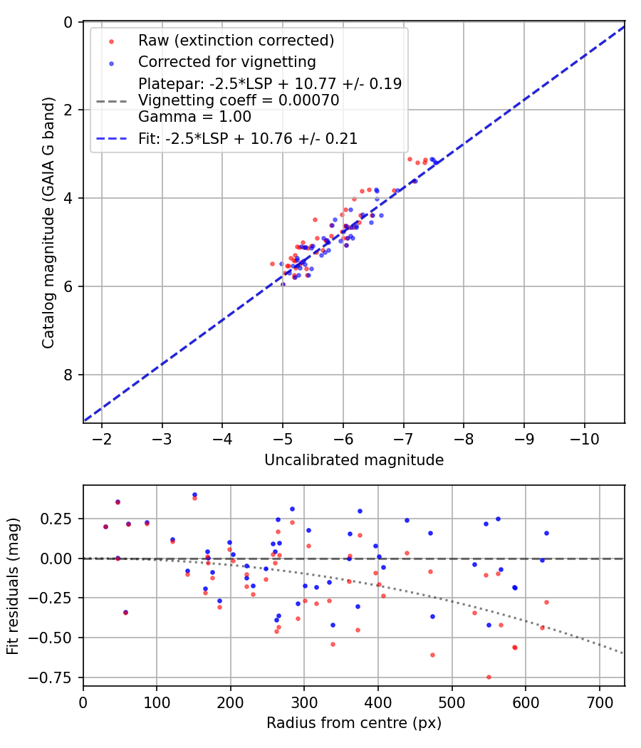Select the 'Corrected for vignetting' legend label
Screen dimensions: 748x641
pos(226,61)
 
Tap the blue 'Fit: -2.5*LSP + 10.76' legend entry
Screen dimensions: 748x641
pos(247,139)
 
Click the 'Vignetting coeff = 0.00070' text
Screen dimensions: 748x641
pos(238,100)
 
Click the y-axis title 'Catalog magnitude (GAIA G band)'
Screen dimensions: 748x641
pos(48,223)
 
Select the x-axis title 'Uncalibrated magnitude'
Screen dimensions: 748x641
pos(354,460)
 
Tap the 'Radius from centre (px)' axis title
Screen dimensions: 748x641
pos(354,723)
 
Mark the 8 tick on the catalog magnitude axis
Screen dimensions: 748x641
pos(68,375)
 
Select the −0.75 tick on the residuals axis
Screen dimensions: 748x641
pos(58,677)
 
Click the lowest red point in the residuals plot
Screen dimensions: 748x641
pos(489,677)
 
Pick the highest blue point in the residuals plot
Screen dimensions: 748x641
pos(194,494)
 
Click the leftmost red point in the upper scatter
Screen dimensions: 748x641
pos(272,264)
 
